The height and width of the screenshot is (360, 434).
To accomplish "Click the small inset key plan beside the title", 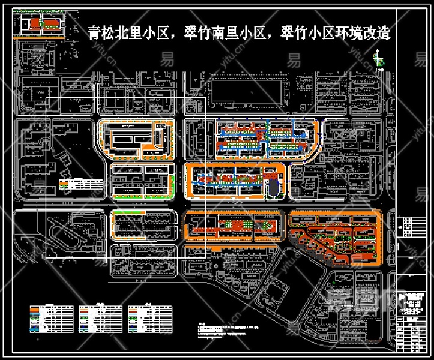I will coord(42,23).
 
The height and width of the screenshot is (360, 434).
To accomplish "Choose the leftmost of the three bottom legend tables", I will coord(52,319).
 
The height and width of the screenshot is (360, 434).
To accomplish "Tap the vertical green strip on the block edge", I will coord(174,184).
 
